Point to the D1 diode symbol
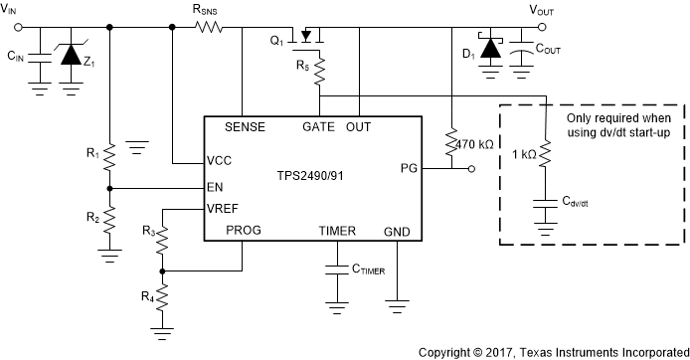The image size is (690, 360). coord(488,49)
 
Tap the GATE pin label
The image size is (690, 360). coord(319,127)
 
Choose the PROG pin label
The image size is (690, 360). coord(245,230)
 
